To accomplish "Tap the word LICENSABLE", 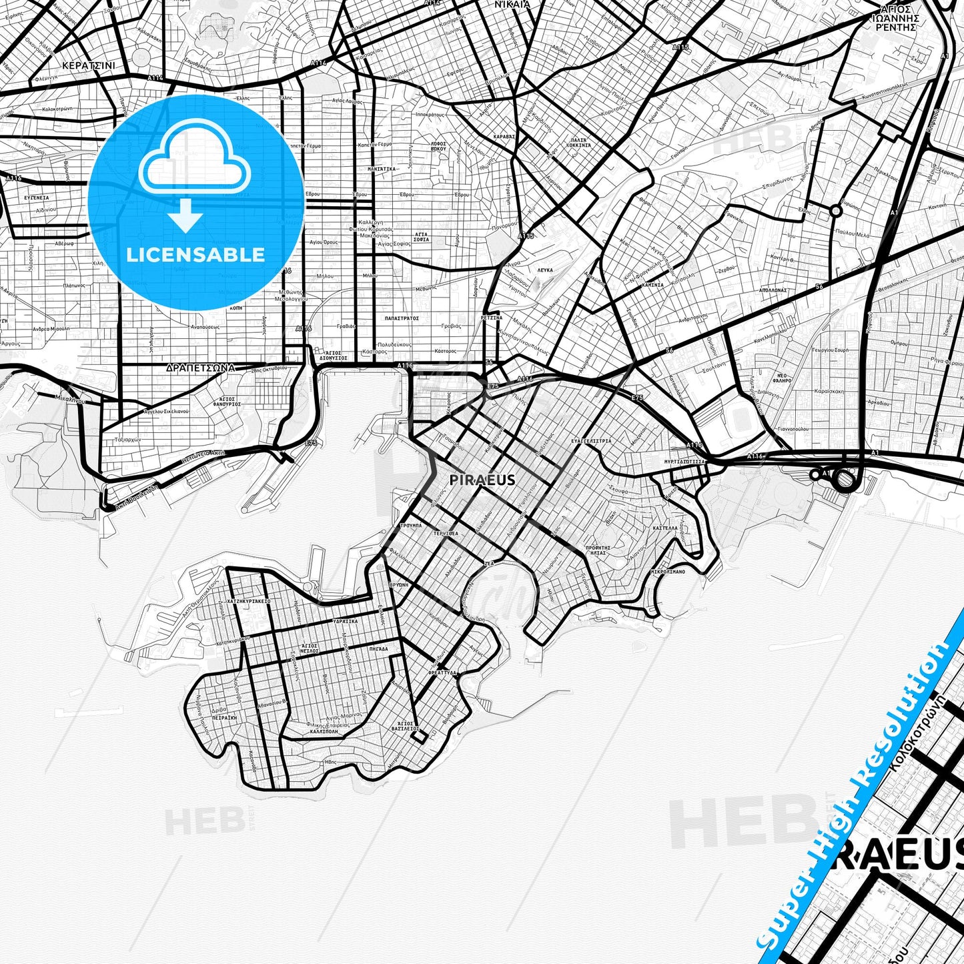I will tap(195, 255).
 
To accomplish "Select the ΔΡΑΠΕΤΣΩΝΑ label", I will tap(200, 368).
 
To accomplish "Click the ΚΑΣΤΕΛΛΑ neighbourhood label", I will tap(665, 527).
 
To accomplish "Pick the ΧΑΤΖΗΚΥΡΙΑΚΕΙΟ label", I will tap(248, 601).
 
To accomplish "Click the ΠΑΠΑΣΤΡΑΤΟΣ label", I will tap(402, 318).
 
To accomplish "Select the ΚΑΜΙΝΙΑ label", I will tap(652, 285).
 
